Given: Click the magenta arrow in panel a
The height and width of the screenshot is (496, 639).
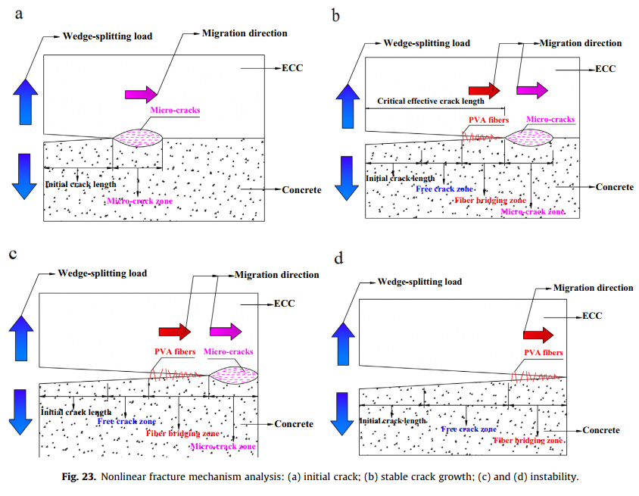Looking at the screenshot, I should click(142, 93).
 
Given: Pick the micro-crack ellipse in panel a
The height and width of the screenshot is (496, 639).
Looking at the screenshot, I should click(138, 137).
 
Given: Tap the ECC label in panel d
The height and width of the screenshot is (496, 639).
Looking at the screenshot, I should click(592, 315).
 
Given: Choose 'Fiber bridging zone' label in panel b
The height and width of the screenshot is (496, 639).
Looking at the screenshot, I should click(490, 200).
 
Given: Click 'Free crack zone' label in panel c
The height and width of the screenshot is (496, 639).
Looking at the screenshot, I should click(126, 421).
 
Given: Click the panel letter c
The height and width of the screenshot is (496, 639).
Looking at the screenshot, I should click(12, 254).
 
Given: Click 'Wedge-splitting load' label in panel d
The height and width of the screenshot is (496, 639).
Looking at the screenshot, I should click(419, 282).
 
